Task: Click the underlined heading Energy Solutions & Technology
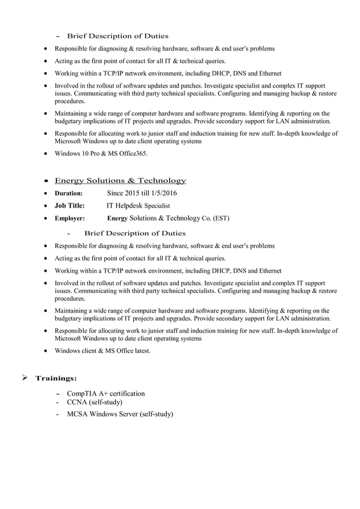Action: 120,181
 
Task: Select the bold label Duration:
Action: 68,194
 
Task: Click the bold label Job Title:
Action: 69,206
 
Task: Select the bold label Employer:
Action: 69,218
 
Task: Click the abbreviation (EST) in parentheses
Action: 221,218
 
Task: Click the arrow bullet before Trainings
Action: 25,378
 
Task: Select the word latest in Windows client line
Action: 140,351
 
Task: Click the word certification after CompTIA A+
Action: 127,393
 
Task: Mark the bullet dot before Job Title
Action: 45,207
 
